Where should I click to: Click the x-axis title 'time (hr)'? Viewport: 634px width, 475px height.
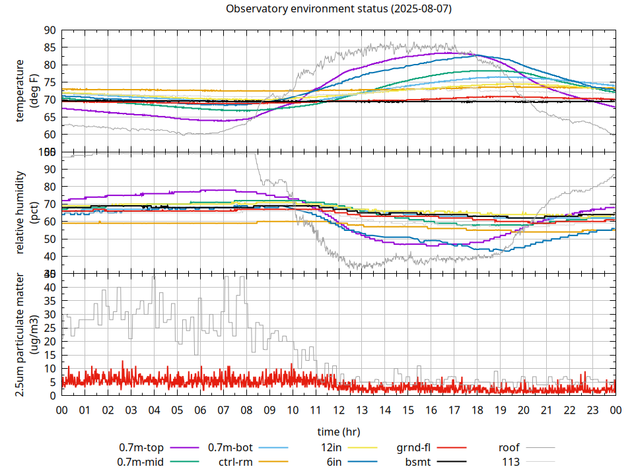338,432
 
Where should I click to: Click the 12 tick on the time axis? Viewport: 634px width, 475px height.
338,410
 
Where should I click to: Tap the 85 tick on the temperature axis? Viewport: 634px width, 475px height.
50,47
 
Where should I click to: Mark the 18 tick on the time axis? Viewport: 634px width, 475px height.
477,410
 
